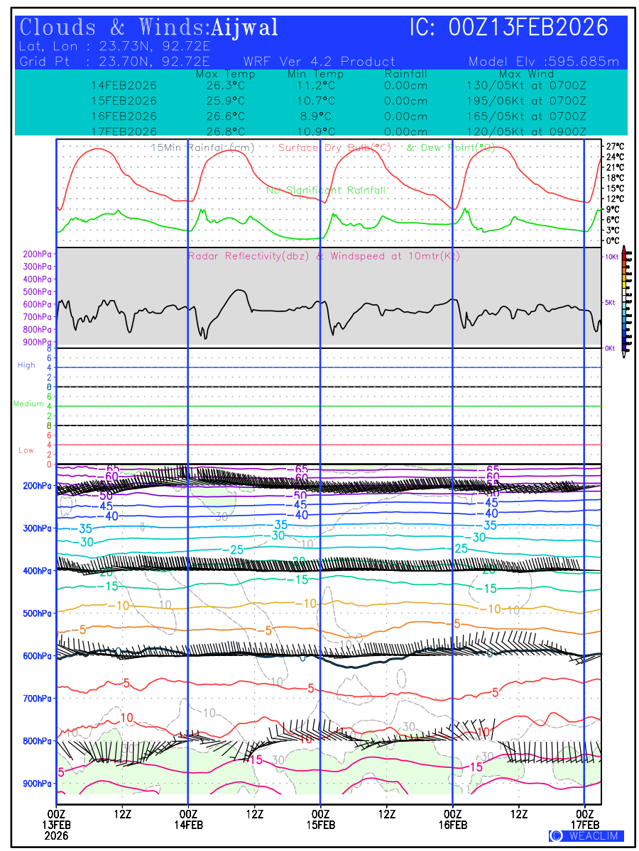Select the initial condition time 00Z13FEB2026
point(529,28)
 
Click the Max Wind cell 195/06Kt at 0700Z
point(522,101)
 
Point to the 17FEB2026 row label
point(124,131)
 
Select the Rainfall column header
point(405,74)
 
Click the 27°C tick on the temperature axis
point(615,146)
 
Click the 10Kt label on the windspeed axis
point(611,256)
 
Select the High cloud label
point(26,365)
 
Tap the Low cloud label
point(26,450)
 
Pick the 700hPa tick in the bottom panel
point(37,699)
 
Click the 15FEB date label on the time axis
point(320,825)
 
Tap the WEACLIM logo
point(586,836)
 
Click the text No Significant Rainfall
point(326,191)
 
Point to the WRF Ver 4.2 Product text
point(319,62)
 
